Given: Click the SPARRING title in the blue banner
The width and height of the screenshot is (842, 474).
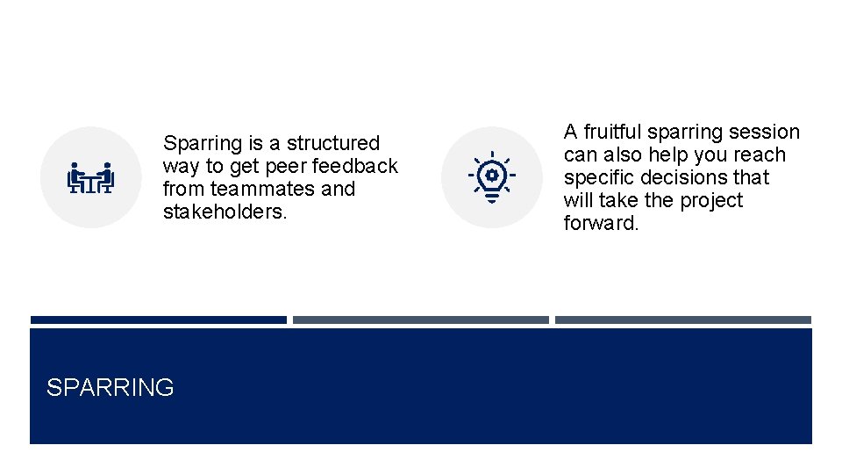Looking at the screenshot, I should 110,387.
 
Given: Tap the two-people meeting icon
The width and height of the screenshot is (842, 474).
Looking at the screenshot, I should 91,177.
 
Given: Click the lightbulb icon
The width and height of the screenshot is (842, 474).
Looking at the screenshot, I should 491,176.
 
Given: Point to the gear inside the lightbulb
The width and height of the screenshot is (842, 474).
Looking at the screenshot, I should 491,175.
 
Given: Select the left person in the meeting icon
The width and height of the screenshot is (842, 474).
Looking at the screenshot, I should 76,176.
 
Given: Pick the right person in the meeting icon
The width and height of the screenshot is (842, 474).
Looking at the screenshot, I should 106,176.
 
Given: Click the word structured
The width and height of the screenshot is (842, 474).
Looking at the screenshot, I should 333,143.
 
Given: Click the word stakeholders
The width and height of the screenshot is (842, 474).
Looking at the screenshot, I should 225,212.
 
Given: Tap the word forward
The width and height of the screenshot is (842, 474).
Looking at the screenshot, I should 601,223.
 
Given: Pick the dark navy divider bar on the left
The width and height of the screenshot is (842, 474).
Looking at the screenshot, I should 158,320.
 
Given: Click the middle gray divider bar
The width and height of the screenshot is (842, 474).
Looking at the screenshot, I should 420,320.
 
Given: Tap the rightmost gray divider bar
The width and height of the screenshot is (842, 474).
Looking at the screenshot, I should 682,320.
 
